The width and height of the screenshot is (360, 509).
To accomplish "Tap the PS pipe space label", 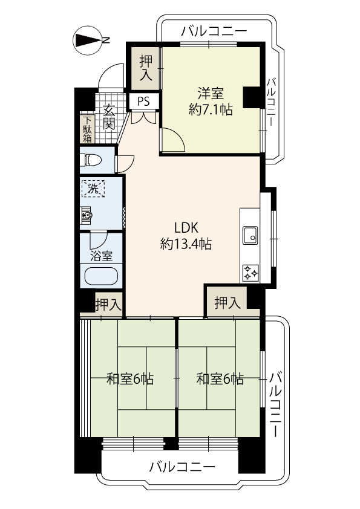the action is tap(143, 102).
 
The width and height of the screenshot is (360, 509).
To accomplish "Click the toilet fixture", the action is tap(91, 160).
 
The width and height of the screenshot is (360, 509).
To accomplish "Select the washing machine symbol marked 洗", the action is tap(93, 189).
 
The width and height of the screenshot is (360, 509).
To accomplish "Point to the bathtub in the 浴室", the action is tap(101, 276).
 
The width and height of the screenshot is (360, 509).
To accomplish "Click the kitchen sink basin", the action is tap(250, 235).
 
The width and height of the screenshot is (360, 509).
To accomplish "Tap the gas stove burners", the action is tap(251, 273).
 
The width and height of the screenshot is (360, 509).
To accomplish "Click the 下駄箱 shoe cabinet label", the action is tap(87, 129).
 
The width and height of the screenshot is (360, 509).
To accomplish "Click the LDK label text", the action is tap(186, 228).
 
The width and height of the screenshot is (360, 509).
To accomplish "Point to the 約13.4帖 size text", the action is tap(186, 244).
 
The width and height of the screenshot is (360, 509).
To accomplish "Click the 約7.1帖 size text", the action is tap(211, 110).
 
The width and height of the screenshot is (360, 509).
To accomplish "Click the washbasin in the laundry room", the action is tap(87, 215).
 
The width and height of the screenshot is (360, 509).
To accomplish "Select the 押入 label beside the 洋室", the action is tap(146, 68).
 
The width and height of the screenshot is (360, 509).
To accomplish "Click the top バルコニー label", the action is tap(214, 31).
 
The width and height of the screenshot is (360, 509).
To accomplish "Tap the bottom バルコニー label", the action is tap(182, 467).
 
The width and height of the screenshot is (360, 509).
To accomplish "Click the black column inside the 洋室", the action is tap(251, 98).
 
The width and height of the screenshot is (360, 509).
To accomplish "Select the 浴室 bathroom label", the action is tap(102, 256).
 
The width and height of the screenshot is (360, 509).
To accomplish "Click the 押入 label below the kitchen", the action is tap(227, 303).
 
